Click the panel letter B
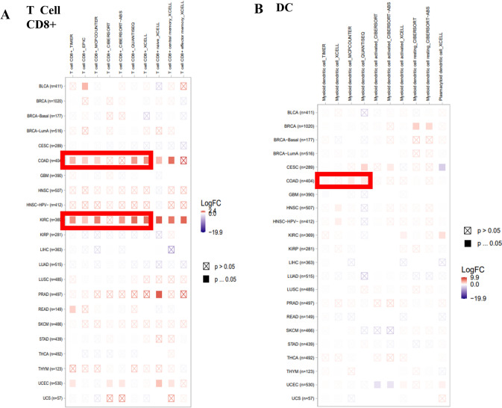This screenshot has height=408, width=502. [259, 9]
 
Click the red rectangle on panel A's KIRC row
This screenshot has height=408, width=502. [107, 220]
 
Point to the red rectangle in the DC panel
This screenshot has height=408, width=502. [344, 179]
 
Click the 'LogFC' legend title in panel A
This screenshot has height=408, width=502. [212, 203]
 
